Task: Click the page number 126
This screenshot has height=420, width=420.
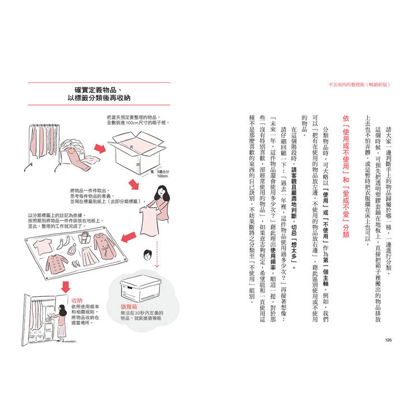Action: click(388, 340)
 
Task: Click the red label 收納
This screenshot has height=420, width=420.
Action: click(78, 301)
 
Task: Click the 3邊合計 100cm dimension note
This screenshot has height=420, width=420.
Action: click(163, 173)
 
